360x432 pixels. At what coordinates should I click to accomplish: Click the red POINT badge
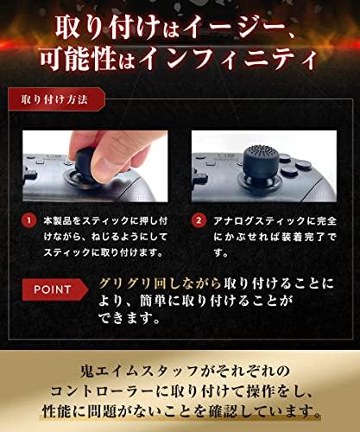tap(55, 289)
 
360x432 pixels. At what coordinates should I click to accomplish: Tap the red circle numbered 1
tap(28, 221)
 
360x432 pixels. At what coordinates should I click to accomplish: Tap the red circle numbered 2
tap(199, 221)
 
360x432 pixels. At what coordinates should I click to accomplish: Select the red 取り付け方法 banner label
tap(56, 99)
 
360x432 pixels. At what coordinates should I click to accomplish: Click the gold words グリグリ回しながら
tap(160, 283)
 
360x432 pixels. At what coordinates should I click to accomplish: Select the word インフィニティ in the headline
tap(228, 60)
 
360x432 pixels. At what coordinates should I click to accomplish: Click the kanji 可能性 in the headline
tap(79, 60)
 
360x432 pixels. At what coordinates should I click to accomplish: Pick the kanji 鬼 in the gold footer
tap(86, 372)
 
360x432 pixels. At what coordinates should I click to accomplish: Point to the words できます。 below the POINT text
tap(129, 318)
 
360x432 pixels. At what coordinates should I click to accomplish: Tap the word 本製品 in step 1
tap(57, 221)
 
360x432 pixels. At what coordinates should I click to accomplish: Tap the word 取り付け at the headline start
tap(107, 29)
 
